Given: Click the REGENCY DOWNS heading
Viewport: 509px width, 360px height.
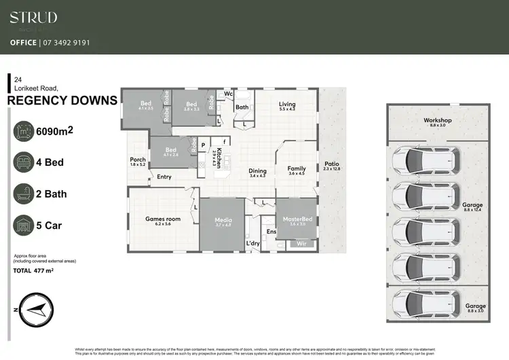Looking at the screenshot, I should coord(62,101).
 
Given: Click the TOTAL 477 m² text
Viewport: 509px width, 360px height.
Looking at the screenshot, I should coord(33,270).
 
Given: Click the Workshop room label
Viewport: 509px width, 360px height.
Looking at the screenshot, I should coord(438,121).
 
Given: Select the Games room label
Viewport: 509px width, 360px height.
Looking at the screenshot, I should coord(163,219).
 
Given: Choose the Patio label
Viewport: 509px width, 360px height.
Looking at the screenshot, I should coord(331,164).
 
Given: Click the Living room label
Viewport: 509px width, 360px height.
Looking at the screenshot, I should coord(287,105).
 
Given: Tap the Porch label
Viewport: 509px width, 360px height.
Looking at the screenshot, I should coord(138,160).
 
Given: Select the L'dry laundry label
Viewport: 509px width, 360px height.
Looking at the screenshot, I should coord(253,242).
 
